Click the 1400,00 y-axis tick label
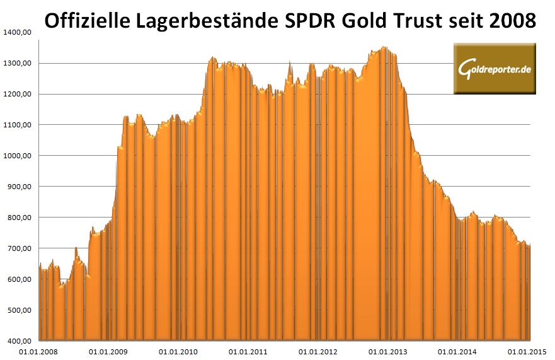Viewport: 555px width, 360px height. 17,33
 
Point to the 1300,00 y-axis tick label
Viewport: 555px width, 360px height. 17,64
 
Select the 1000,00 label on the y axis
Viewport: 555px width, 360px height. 17,156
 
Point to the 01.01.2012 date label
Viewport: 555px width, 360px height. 319,352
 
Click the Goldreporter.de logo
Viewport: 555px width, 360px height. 495,68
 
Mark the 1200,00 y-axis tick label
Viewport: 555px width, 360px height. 17,95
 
